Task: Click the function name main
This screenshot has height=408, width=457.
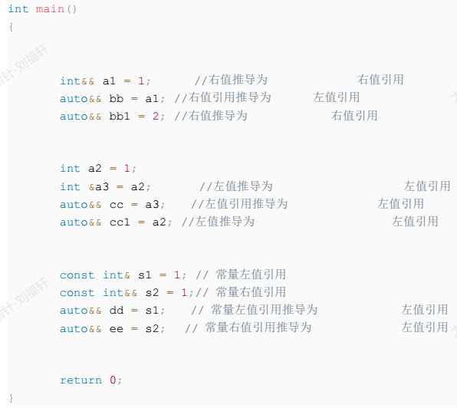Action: [x=50, y=9]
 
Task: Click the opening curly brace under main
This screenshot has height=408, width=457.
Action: [x=11, y=27]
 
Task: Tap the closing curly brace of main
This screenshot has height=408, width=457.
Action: [x=11, y=398]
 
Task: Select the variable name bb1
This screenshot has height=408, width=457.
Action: [x=120, y=117]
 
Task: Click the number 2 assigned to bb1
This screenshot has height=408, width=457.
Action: [x=156, y=117]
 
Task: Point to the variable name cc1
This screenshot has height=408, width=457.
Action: [x=120, y=222]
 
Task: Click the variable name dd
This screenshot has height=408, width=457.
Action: [x=117, y=310]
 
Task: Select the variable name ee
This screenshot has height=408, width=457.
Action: [x=117, y=329]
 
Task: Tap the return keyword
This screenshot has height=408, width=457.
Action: [x=81, y=380]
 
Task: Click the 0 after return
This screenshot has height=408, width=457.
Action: [x=113, y=380]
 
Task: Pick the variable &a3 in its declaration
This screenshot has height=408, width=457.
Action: [x=99, y=186]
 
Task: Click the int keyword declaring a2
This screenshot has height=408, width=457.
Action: [x=70, y=169]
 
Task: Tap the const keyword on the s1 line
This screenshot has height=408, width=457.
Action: [x=77, y=275]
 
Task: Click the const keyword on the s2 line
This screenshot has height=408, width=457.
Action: [x=77, y=293]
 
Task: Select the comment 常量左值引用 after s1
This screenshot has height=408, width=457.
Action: [x=251, y=275]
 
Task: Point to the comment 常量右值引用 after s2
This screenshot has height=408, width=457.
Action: [x=251, y=292]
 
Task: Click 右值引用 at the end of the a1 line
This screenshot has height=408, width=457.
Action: [x=380, y=80]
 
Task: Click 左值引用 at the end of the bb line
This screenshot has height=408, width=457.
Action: [x=337, y=97]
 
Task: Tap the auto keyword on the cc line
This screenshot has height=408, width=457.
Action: [x=74, y=205]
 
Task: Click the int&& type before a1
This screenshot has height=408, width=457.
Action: [x=77, y=81]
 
